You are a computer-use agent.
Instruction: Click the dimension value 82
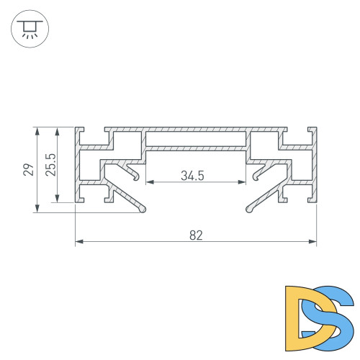[x=197, y=234]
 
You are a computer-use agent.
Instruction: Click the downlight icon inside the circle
[x=30, y=29]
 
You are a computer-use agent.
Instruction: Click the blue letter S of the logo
[x=330, y=315]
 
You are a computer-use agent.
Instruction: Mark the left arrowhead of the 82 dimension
[x=78, y=242]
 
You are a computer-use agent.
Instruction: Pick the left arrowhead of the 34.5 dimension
[x=149, y=182]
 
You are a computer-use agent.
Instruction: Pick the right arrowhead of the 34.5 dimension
[x=244, y=182]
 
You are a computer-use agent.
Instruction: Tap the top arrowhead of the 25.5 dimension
[x=58, y=130]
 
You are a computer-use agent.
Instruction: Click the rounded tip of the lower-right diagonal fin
[x=249, y=210]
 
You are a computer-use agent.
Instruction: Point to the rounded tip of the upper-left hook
[x=137, y=178]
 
